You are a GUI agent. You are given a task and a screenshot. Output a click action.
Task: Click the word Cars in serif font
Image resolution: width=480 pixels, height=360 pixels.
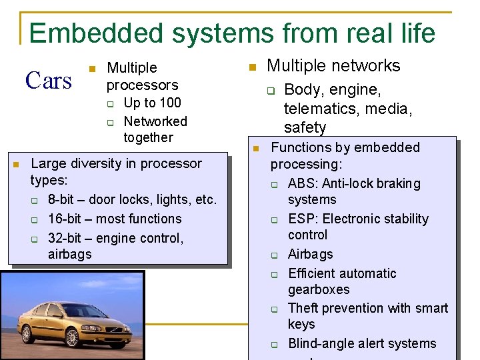point(48,81)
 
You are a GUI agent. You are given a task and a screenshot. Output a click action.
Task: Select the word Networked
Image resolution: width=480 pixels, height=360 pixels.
point(155,121)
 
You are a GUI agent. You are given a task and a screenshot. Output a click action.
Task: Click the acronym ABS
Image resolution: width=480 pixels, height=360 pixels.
point(301,183)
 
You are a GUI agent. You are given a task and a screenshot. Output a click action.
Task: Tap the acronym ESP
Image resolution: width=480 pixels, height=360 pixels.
point(301,219)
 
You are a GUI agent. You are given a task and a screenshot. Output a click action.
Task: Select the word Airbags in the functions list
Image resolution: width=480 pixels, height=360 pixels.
point(310,254)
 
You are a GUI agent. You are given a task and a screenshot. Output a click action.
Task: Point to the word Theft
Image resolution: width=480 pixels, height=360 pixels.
point(303,308)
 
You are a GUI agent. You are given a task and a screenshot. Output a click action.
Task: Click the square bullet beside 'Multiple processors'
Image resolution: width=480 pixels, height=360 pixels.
point(93,69)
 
